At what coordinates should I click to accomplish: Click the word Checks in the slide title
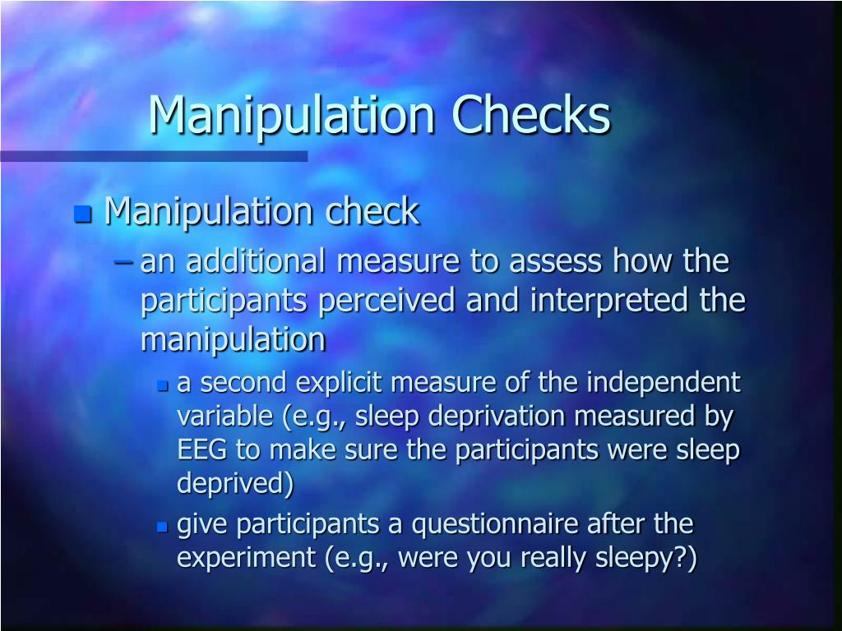point(534,116)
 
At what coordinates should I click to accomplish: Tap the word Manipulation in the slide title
point(292,116)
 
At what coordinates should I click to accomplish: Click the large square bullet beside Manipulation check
point(81,215)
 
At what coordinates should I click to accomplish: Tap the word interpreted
point(604,301)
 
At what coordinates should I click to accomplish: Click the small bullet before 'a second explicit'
point(162,385)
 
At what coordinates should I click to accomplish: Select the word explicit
point(340,383)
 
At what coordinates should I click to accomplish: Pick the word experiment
point(247,559)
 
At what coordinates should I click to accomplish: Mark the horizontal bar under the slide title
point(154,156)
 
